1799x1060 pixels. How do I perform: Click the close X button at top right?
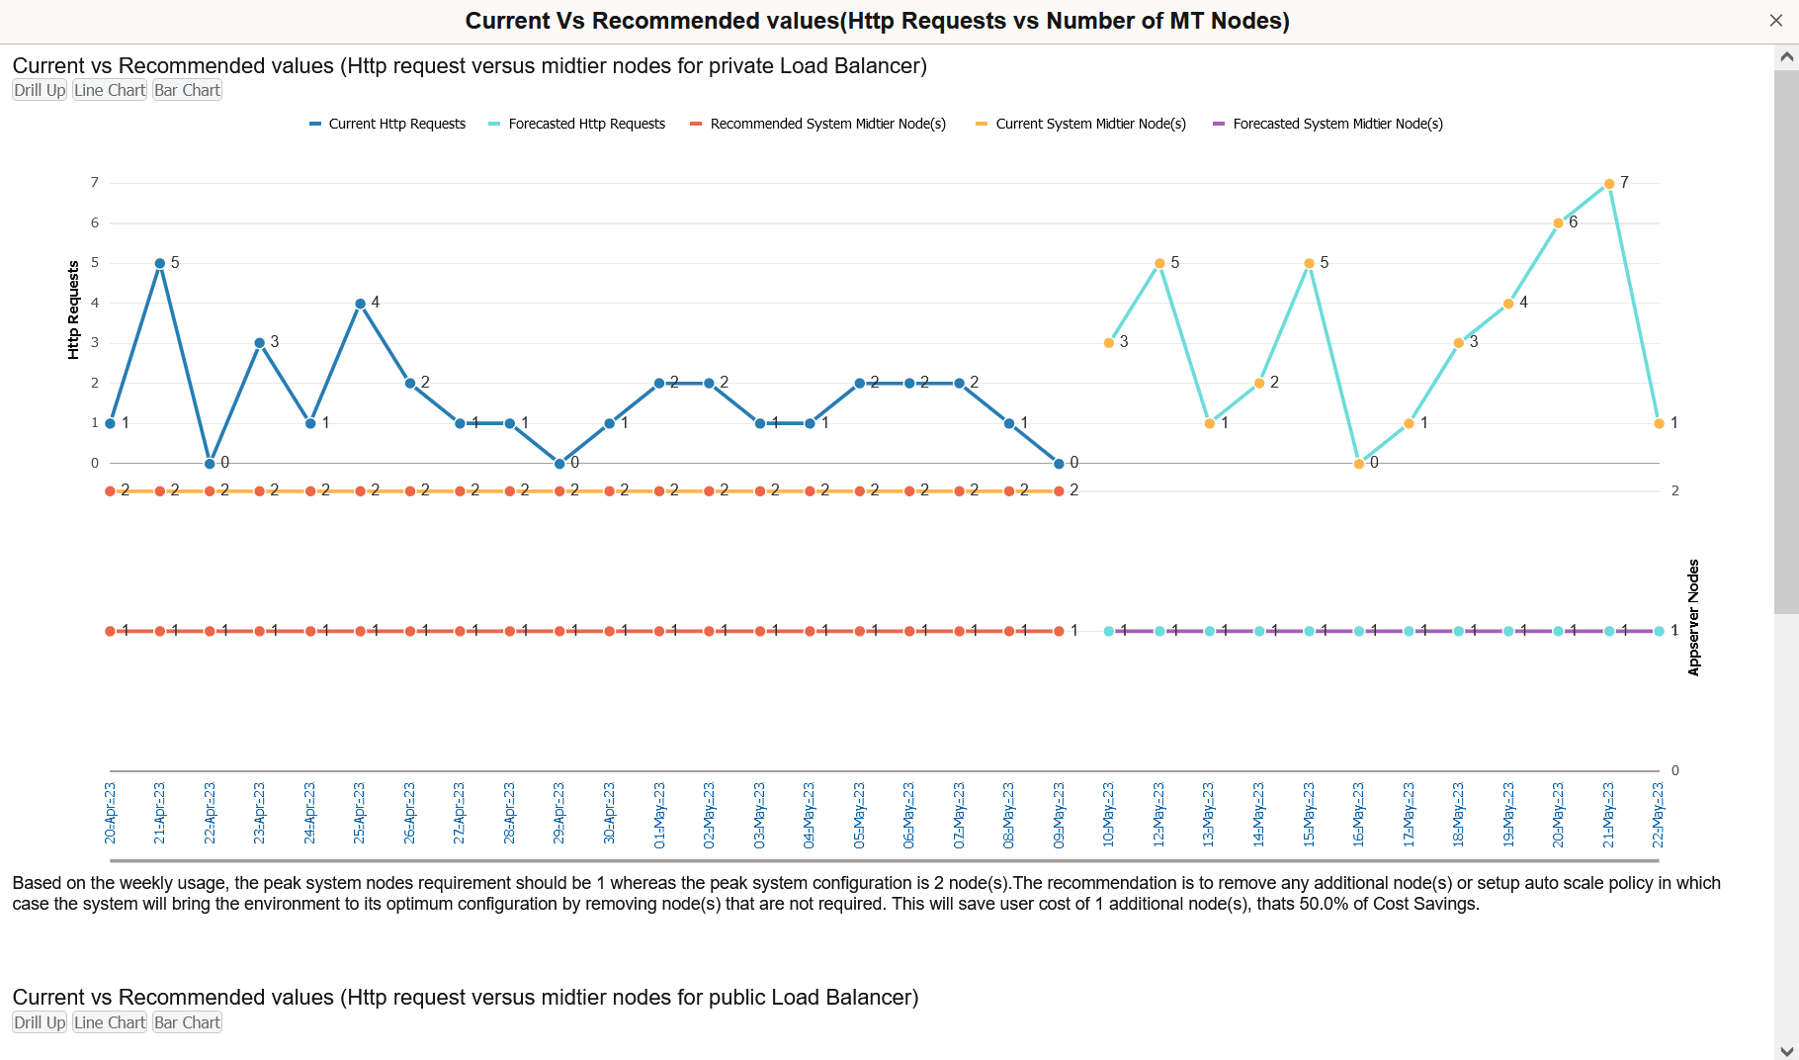(x=1775, y=21)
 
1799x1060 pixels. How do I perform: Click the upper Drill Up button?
(x=40, y=90)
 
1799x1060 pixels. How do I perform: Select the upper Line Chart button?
(x=110, y=90)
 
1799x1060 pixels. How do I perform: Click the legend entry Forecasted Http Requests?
(x=586, y=124)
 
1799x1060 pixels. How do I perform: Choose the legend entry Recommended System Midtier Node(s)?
(x=827, y=124)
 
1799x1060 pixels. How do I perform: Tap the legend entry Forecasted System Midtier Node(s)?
(x=1337, y=124)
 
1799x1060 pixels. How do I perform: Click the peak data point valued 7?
(x=1609, y=184)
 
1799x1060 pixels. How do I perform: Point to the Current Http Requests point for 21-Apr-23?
(x=160, y=264)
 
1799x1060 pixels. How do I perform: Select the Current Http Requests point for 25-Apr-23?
(x=360, y=304)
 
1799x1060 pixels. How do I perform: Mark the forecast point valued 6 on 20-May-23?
(x=1559, y=223)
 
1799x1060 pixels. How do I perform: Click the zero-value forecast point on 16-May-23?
(x=1359, y=464)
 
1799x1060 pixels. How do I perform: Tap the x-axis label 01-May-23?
(x=659, y=816)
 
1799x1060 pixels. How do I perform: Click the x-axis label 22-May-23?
(x=1659, y=816)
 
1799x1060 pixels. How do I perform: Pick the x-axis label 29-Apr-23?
(x=559, y=816)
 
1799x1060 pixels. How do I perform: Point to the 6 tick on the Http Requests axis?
(x=95, y=223)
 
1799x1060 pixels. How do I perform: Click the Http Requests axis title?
(x=73, y=309)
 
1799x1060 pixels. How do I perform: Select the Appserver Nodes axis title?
(x=1693, y=618)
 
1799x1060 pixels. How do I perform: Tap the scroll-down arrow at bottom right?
(x=1786, y=1050)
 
